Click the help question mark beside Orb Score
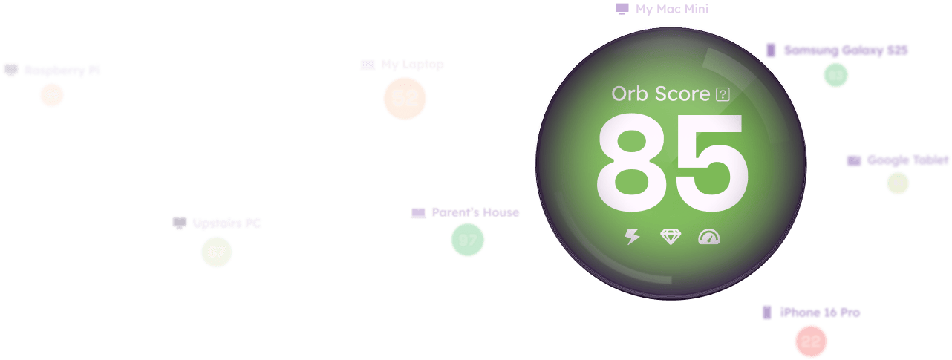pyautogui.click(x=723, y=94)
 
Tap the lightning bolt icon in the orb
pyautogui.click(x=632, y=237)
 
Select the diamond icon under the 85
pyautogui.click(x=671, y=237)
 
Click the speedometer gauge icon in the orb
pyautogui.click(x=709, y=237)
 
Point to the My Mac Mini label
pyautogui.click(x=671, y=10)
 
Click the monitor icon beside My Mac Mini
pyautogui.click(x=622, y=10)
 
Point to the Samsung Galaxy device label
pyautogui.click(x=846, y=50)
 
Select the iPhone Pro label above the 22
pyautogui.click(x=820, y=312)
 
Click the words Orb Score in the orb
pyautogui.click(x=660, y=94)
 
